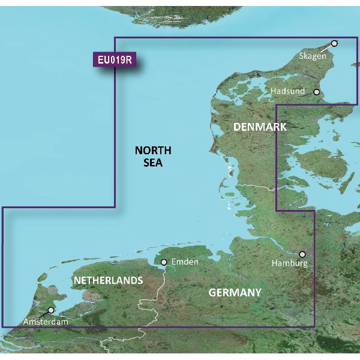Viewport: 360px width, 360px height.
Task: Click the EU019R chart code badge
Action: click(113, 61)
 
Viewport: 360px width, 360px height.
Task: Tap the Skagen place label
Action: click(313, 56)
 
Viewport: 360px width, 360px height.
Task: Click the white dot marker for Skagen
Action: click(334, 43)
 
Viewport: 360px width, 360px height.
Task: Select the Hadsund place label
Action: click(287, 91)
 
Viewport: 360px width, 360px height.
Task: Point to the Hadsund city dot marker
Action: click(317, 92)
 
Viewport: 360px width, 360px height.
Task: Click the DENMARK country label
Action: click(259, 127)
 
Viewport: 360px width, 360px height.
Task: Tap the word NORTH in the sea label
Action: click(153, 150)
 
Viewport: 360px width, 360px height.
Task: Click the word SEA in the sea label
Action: click(153, 163)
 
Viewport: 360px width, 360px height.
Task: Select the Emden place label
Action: click(184, 262)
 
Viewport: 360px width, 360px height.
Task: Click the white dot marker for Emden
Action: click(163, 262)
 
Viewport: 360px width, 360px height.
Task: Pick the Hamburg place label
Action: click(289, 263)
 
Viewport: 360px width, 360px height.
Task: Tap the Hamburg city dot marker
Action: click(302, 254)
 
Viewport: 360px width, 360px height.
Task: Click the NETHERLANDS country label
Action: click(108, 280)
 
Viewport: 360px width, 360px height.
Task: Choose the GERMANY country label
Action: click(235, 292)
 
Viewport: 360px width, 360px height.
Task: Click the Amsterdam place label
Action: click(46, 323)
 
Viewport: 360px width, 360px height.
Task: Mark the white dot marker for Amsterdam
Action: click(50, 310)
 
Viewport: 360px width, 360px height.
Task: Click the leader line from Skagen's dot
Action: click(328, 47)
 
